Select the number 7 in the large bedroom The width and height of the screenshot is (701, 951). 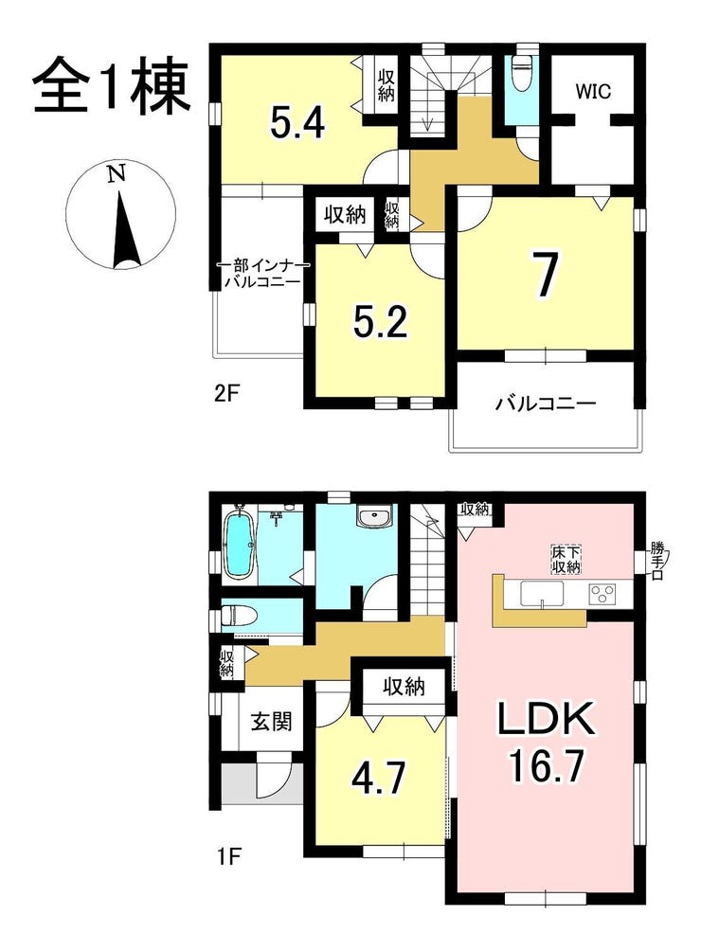[546, 275]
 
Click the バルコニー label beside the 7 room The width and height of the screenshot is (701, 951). [545, 404]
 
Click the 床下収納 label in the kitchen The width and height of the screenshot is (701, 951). [566, 558]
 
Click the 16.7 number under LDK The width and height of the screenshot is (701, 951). [547, 766]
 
